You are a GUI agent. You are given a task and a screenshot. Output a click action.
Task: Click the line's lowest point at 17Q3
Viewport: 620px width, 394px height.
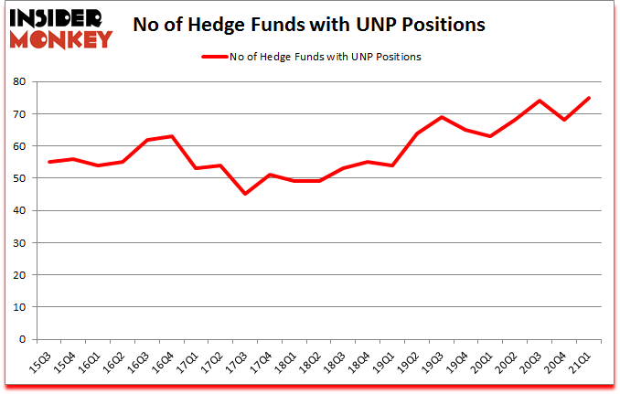tap(245, 194)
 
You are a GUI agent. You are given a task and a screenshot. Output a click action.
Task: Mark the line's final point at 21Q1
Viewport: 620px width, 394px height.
tap(591, 98)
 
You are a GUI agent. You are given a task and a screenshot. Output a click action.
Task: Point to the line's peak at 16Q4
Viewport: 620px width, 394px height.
tap(171, 136)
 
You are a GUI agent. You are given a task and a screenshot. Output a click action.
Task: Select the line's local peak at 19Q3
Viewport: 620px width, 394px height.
tap(443, 117)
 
